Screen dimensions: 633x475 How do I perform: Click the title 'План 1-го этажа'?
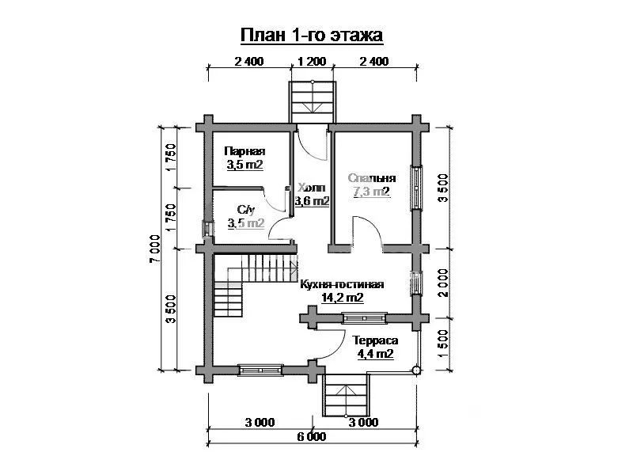tap(311, 35)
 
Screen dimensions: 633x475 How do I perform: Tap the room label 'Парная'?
tap(244, 151)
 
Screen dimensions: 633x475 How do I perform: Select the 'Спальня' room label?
tap(372, 178)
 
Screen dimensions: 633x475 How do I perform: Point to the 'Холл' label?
tap(311, 188)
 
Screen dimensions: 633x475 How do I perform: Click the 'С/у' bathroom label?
tap(246, 210)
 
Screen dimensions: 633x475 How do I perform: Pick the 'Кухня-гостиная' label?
tap(342, 285)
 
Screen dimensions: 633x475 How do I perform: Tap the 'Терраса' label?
tap(375, 340)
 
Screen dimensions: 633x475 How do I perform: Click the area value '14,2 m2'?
tap(343, 298)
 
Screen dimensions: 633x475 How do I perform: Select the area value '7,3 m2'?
tap(372, 192)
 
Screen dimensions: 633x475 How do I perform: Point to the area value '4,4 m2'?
tap(375, 354)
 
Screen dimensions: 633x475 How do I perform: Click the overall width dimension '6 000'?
tap(312, 437)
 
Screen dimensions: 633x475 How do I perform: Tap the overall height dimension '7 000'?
tap(155, 249)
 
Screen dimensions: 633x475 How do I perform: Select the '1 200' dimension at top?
tap(312, 62)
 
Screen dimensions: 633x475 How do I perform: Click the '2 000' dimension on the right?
tap(443, 283)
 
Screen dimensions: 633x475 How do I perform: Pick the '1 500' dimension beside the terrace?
tap(443, 344)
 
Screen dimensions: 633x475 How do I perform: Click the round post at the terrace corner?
tap(416, 370)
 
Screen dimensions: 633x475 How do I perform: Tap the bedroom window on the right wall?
tap(416, 188)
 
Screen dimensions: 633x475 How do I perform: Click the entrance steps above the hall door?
tap(313, 101)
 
